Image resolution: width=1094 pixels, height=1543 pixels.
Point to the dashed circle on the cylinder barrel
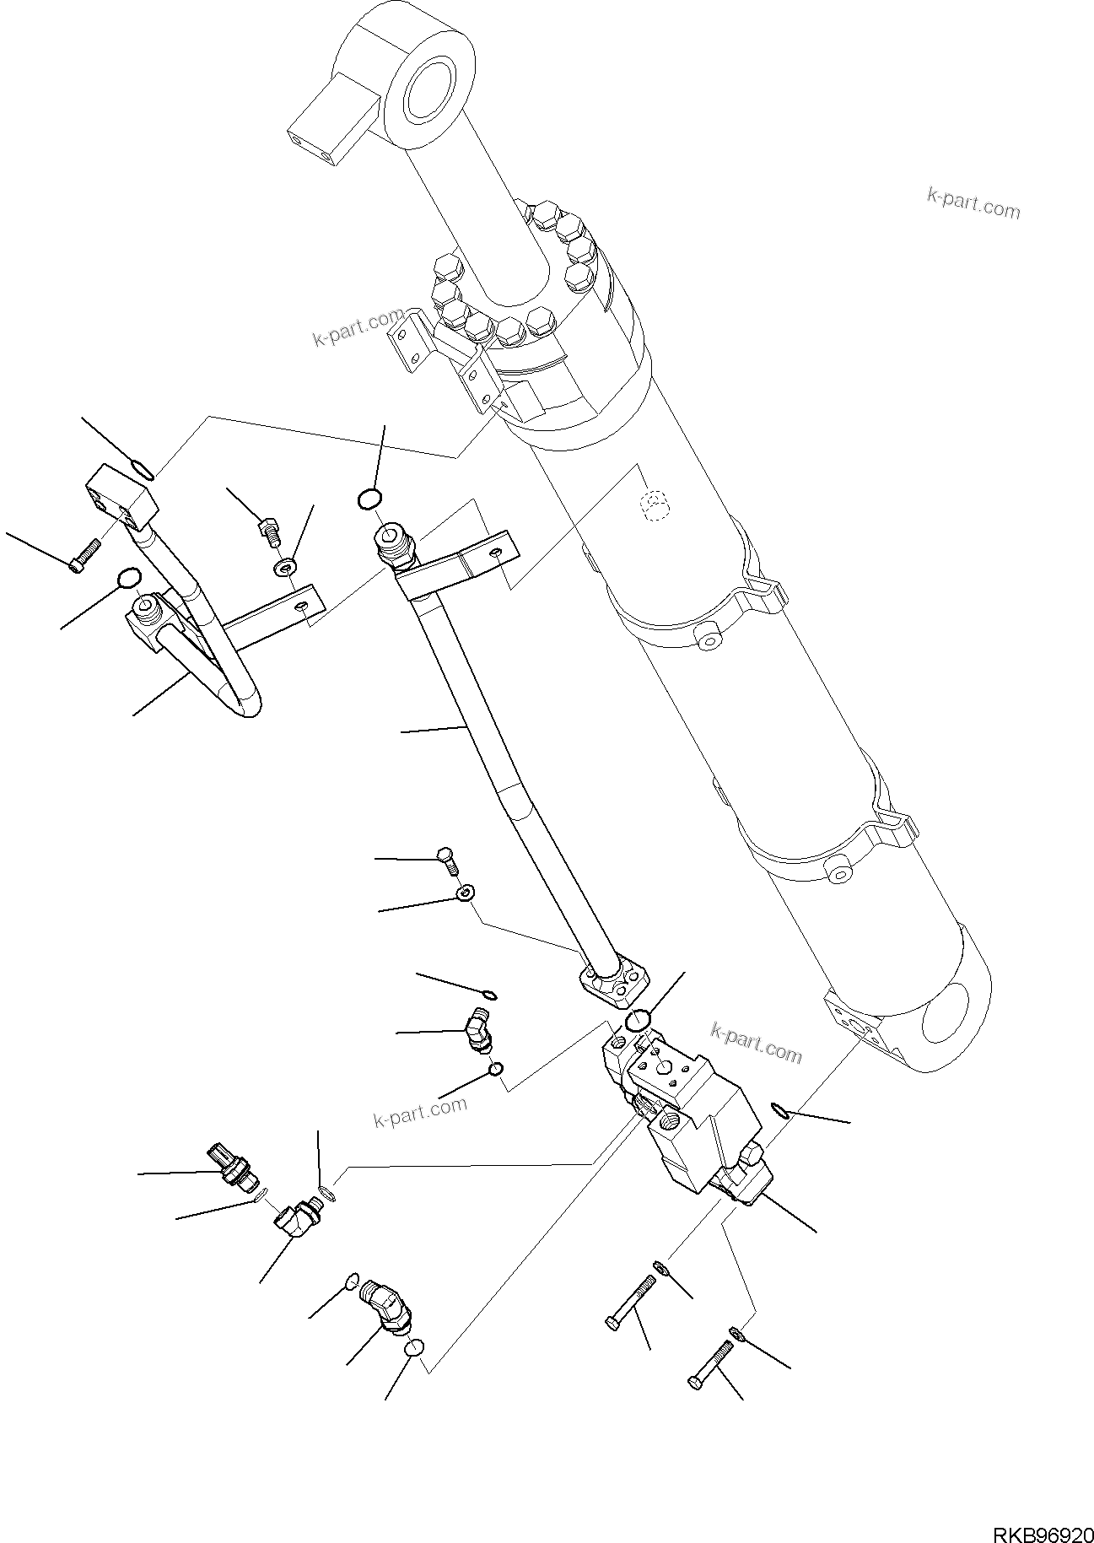coord(652,506)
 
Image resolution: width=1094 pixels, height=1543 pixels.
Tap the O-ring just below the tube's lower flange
coord(638,1021)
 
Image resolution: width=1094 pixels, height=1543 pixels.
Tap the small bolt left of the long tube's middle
coord(446,860)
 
